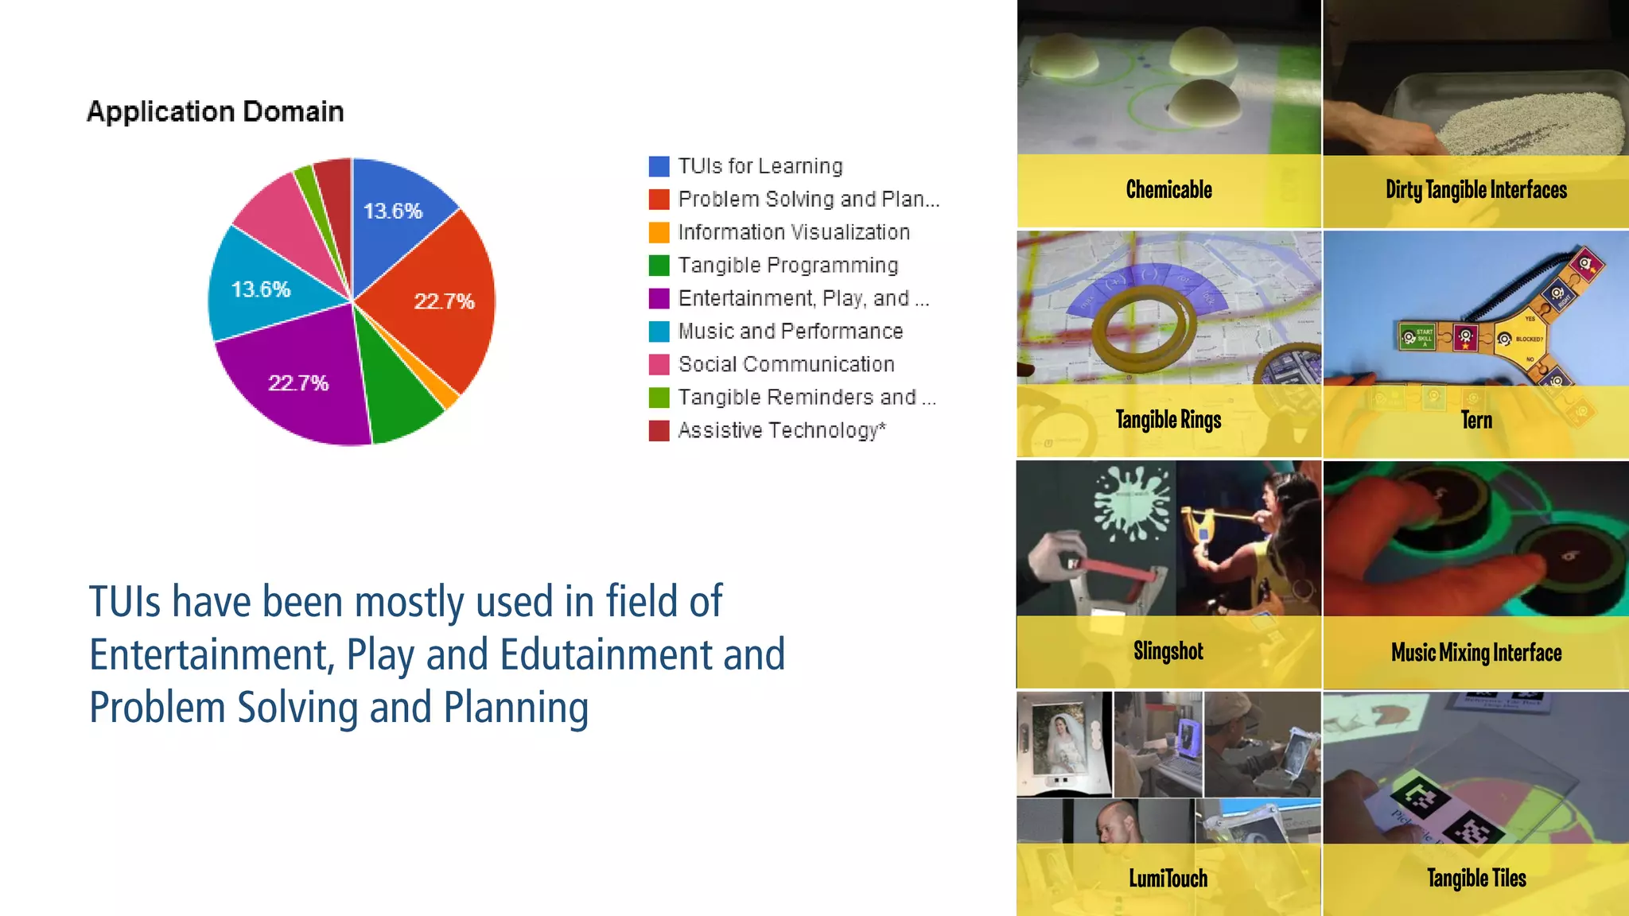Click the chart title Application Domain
point(215,111)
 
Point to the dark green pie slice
point(398,390)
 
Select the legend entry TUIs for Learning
point(760,166)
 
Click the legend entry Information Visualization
point(793,232)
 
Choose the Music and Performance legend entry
point(790,331)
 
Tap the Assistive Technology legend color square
point(659,430)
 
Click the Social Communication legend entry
point(786,364)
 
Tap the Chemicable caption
point(1168,190)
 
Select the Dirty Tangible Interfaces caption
point(1475,190)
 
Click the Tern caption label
point(1476,420)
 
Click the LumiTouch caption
point(1168,879)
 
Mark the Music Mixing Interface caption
point(1476,653)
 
